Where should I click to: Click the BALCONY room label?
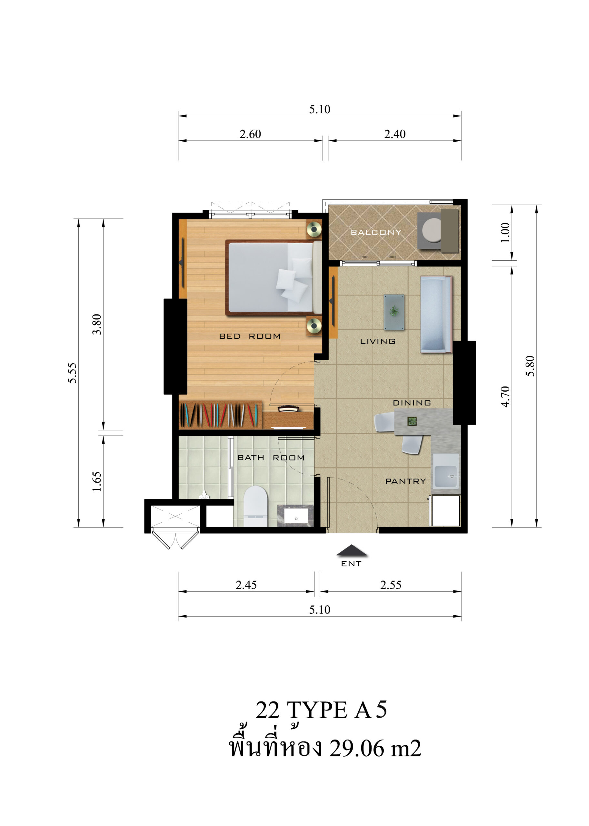376,232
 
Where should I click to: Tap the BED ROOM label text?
250,336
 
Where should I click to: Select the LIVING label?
377,341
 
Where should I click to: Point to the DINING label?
412,403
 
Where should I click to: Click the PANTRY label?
405,481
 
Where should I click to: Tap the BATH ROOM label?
271,458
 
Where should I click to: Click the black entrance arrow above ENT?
352,550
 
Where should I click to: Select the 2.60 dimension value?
250,134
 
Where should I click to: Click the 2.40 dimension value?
395,134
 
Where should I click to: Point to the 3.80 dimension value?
97,324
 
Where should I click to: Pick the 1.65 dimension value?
97,481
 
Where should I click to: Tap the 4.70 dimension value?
505,397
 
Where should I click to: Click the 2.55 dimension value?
391,585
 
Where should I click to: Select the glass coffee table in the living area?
394,312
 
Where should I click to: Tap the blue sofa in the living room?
436,315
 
